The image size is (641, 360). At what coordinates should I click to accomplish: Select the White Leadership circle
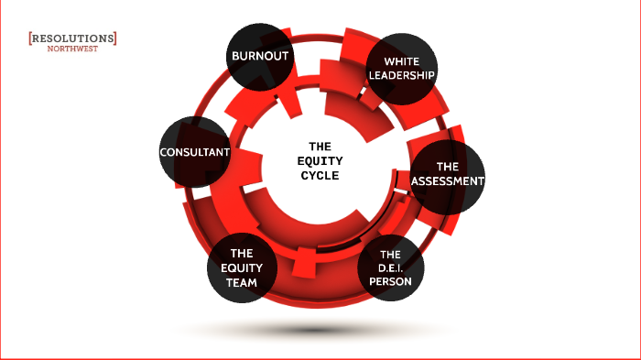tap(400, 70)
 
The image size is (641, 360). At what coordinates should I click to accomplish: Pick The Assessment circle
tap(447, 175)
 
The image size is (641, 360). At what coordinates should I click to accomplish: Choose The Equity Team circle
tap(242, 267)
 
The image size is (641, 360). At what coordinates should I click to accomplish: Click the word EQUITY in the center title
tap(320, 160)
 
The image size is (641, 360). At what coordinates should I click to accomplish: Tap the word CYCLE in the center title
tap(320, 175)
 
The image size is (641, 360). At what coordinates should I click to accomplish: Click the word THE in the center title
tap(320, 146)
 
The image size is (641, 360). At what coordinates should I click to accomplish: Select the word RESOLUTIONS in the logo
tap(73, 38)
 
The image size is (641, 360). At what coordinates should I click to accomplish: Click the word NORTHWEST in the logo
tap(73, 49)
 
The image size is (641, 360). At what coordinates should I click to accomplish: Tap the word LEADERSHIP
tap(400, 76)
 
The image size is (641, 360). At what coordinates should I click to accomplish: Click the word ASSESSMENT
tap(447, 181)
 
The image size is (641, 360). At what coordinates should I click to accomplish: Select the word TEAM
tap(242, 283)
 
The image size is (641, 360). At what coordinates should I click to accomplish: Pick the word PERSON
tap(391, 283)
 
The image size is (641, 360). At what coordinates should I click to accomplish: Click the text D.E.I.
tap(391, 268)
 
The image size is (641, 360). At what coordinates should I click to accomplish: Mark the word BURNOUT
tap(260, 57)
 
